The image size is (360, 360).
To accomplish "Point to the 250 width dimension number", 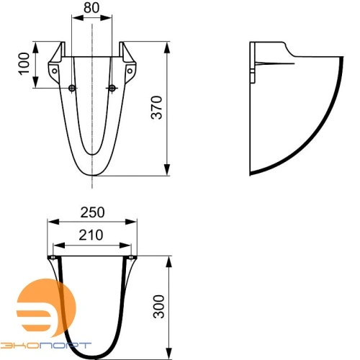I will point(92,212).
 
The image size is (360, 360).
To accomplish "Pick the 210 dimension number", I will point(92,234).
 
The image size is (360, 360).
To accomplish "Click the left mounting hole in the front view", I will point(71,88).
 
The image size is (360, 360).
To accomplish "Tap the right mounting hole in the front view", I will point(112,88).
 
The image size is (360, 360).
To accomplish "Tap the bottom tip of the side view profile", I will point(251,173).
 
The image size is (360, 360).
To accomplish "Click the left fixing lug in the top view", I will point(52,258).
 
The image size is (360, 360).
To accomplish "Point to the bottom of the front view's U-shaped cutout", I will point(92,153).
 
